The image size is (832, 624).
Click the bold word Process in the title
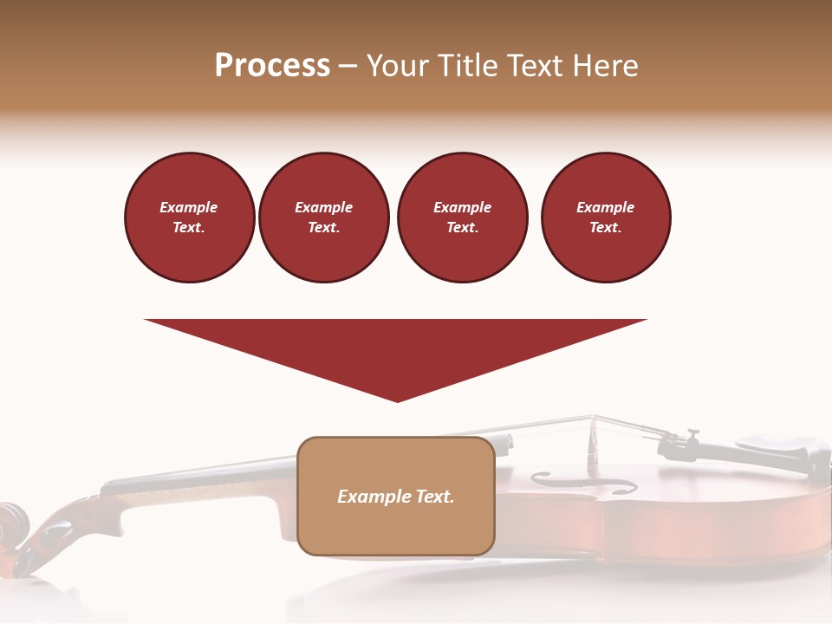click(272, 66)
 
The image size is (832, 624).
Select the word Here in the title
click(607, 66)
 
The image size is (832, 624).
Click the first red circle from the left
click(189, 218)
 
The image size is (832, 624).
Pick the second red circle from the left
click(324, 218)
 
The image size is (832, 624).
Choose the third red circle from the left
click(462, 218)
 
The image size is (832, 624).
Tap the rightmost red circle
click(606, 218)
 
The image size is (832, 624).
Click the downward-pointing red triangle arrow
click(396, 347)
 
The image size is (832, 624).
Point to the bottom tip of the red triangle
click(397, 400)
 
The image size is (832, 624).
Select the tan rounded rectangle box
click(396, 520)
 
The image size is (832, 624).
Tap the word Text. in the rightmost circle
click(606, 228)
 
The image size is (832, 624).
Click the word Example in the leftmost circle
click(189, 207)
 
